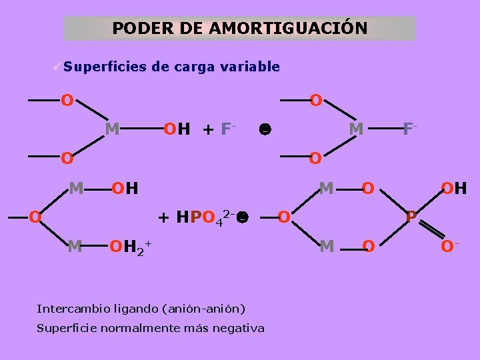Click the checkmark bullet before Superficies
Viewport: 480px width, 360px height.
[59, 67]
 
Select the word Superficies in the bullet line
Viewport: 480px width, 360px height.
[105, 67]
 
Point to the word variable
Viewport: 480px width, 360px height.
[252, 67]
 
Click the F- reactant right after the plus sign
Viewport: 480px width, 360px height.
[227, 127]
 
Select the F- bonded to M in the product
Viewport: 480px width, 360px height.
[410, 127]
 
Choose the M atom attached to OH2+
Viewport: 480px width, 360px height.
[75, 247]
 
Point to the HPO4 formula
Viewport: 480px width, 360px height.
[200, 217]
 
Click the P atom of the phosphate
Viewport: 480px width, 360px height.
[412, 217]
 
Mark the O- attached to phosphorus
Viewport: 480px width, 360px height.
[450, 247]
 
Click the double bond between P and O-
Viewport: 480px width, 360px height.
[431, 233]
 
